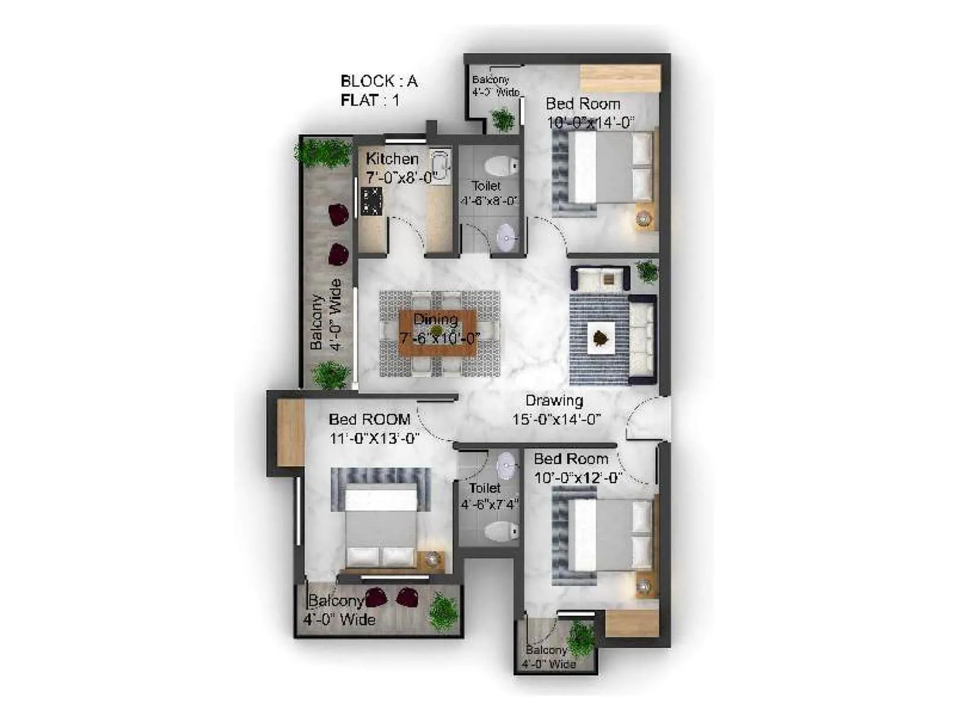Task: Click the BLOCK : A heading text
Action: [379, 81]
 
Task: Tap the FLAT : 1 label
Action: [370, 101]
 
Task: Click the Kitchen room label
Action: [392, 159]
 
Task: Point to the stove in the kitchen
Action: [371, 201]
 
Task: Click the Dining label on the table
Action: [435, 319]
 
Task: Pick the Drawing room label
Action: [554, 401]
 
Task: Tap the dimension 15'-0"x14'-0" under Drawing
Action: [556, 419]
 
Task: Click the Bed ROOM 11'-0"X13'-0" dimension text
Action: [375, 439]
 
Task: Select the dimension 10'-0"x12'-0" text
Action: [578, 478]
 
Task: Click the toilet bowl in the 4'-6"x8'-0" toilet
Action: [502, 165]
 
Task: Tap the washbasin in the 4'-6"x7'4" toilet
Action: [506, 466]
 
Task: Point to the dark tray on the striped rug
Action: [599, 339]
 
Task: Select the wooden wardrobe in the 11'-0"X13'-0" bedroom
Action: [291, 432]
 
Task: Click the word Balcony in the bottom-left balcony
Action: [335, 601]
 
